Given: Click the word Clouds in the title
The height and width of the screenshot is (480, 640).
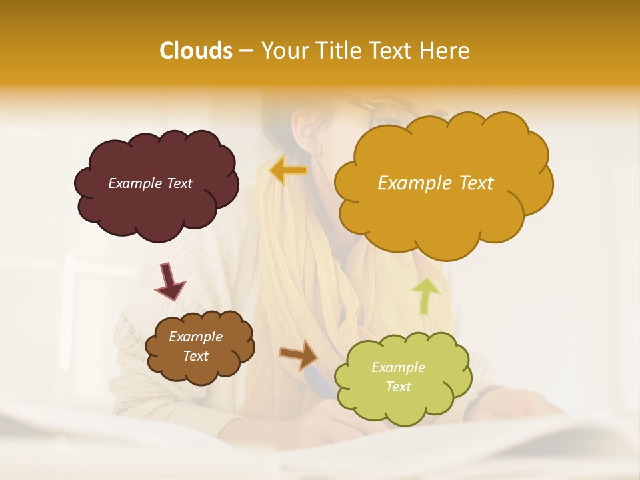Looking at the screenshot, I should point(195,51).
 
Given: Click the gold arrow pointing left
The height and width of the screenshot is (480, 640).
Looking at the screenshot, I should point(288,171).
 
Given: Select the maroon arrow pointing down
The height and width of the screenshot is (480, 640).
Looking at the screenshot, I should point(169,281).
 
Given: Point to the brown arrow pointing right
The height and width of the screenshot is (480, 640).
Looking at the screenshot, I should point(299,355).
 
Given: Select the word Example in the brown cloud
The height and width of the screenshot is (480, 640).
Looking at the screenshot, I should point(196,337).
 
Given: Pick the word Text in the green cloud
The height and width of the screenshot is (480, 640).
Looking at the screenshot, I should point(398,387).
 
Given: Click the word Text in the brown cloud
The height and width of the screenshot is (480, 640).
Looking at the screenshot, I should point(196,356).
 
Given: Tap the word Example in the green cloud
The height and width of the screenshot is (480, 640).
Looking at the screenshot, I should point(398,367).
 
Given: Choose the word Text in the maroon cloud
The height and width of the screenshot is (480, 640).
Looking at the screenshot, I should point(179,183).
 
